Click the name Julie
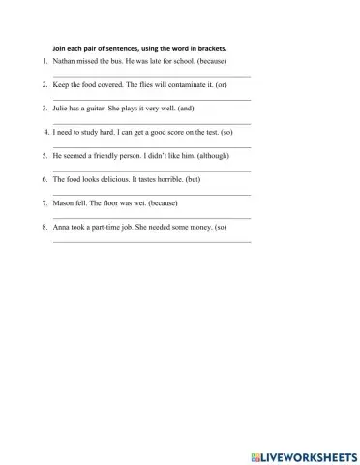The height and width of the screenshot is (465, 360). pyautogui.click(x=62, y=108)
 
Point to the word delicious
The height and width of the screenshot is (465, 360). pyautogui.click(x=130, y=179)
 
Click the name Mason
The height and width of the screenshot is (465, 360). pyautogui.click(x=64, y=203)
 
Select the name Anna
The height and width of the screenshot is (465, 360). pyautogui.click(x=62, y=227)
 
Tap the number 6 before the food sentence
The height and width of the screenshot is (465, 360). pyautogui.click(x=45, y=179)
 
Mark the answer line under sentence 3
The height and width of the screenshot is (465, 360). pyautogui.click(x=151, y=123)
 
